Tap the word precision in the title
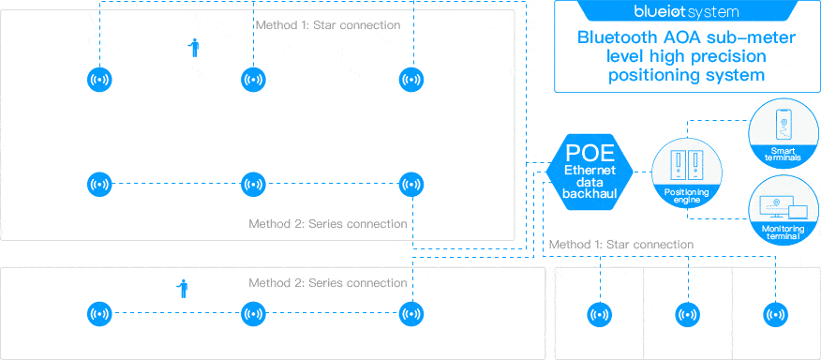[733, 57]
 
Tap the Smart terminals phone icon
[784, 126]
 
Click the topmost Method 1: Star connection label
[327, 24]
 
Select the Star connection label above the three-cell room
[620, 244]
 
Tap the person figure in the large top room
[194, 48]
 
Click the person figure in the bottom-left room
[183, 288]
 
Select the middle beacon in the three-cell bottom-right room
[686, 315]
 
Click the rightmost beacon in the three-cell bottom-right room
[774, 315]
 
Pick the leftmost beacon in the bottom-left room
[98, 314]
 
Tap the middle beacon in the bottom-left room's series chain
[252, 314]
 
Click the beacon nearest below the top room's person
[251, 80]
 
